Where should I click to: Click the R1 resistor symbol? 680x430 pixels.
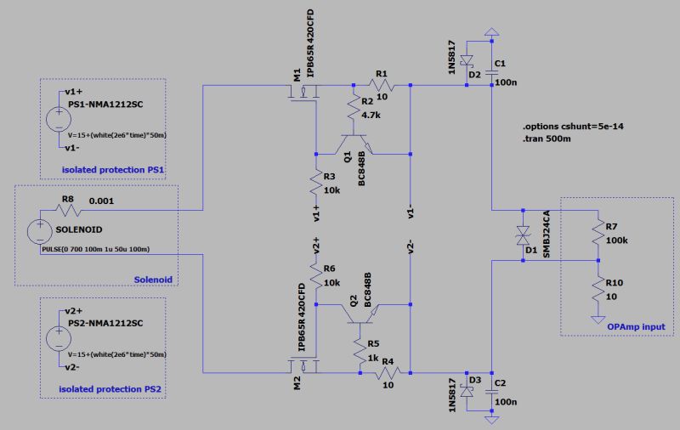382,86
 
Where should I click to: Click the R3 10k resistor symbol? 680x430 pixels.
316,182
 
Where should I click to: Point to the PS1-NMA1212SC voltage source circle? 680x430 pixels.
58,119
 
